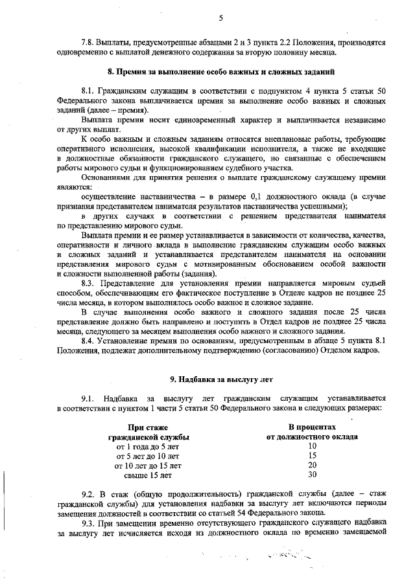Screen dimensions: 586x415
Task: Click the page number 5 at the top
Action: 220,17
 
